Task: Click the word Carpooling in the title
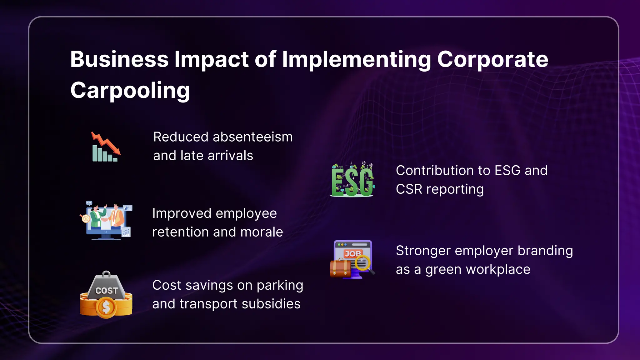tap(130, 90)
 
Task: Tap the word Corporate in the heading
tap(492, 59)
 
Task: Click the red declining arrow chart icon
tap(106, 147)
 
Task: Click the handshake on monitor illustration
tap(106, 221)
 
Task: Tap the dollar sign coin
tap(106, 307)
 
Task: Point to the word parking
tap(280, 286)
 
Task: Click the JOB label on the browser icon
tap(353, 254)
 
